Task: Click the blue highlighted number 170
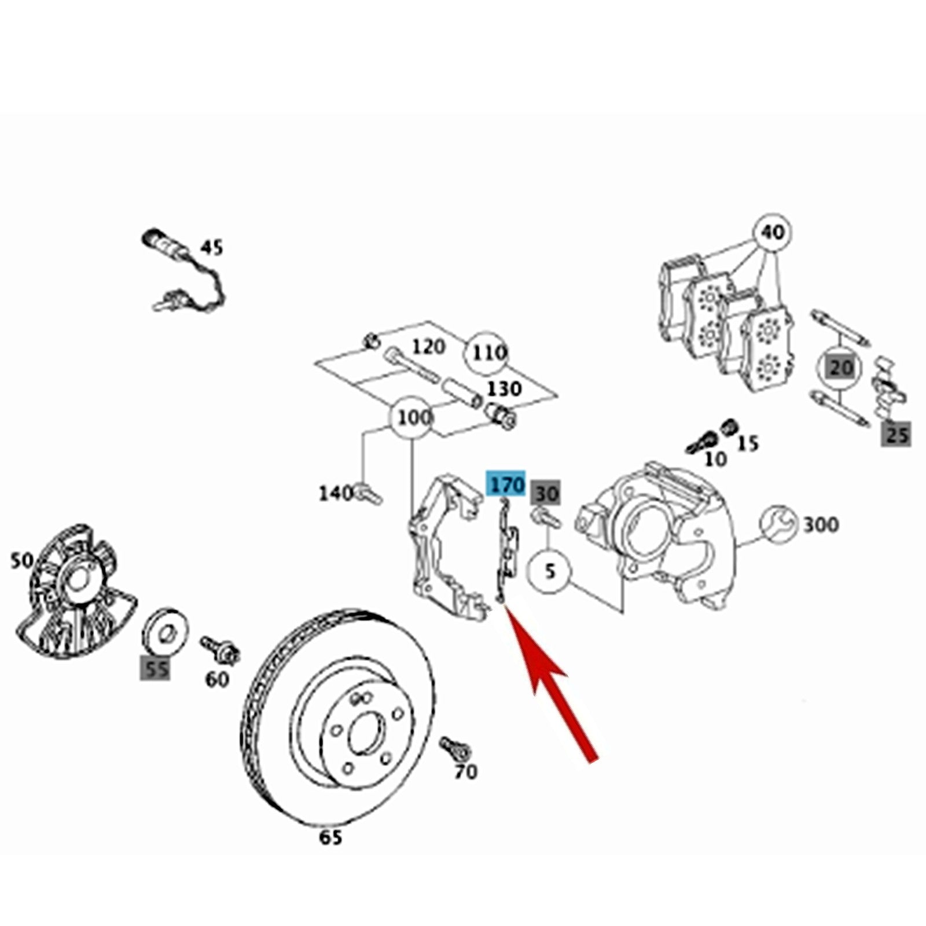pos(507,483)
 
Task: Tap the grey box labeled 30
pos(546,494)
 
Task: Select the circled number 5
pos(550,572)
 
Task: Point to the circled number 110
pos(489,352)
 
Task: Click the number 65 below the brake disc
pos(330,837)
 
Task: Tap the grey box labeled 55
pos(156,670)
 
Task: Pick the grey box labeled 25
pos(896,434)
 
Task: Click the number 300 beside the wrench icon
pos(821,525)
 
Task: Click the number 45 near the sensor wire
pos(211,248)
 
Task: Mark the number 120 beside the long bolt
pos(429,347)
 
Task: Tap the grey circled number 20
pos(840,368)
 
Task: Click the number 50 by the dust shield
pos(22,560)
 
